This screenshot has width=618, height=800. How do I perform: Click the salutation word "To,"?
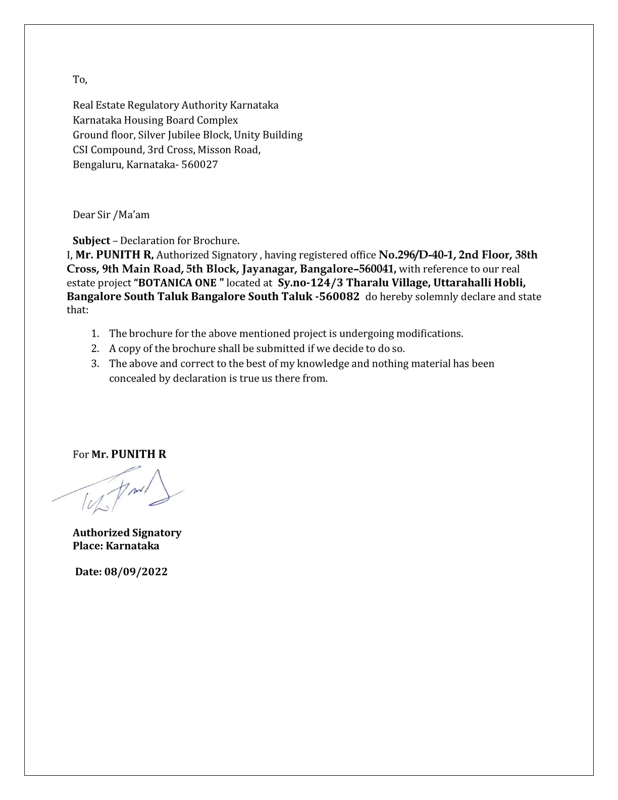pyautogui.click(x=80, y=80)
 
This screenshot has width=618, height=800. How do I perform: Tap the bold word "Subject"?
pyautogui.click(x=91, y=240)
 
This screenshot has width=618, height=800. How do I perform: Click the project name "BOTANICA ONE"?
pyautogui.click(x=178, y=283)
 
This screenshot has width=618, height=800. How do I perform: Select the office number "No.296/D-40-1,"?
pyautogui.click(x=417, y=255)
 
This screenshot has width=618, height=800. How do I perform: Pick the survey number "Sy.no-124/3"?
pyautogui.click(x=310, y=283)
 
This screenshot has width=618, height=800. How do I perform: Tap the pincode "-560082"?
pyautogui.click(x=337, y=296)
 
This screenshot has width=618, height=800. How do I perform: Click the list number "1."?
pyautogui.click(x=95, y=334)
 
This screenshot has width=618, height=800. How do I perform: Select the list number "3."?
pyautogui.click(x=95, y=364)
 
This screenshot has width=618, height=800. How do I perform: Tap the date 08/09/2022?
pyautogui.click(x=136, y=572)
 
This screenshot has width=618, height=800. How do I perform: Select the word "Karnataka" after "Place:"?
pyautogui.click(x=132, y=546)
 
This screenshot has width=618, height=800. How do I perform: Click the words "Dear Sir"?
pyautogui.click(x=91, y=215)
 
